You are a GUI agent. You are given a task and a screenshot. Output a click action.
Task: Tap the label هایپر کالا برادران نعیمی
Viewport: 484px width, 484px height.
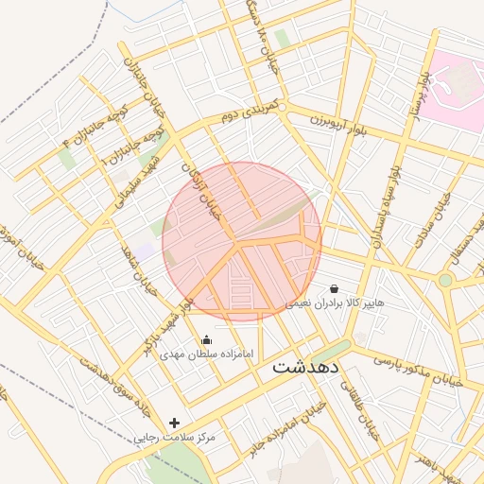[337, 303]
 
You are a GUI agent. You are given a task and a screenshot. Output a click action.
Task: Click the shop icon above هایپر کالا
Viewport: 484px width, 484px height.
[334, 287]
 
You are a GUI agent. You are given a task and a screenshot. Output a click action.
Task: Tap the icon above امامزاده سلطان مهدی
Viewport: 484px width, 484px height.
[207, 339]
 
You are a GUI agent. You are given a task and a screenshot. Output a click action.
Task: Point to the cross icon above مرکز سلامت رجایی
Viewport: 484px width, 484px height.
[173, 423]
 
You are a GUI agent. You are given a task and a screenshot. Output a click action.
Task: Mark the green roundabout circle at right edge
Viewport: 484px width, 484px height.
[445, 280]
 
